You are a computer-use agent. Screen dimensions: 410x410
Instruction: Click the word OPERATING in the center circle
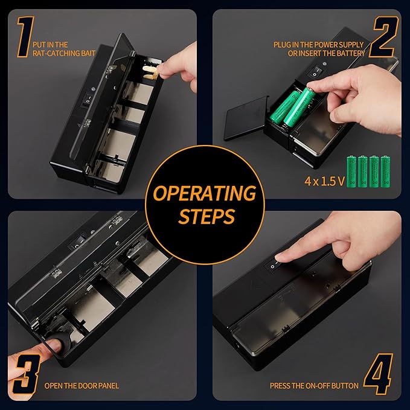[205, 194]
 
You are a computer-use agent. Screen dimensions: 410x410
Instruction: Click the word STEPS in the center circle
[205, 216]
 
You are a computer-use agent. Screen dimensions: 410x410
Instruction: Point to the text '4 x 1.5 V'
[320, 181]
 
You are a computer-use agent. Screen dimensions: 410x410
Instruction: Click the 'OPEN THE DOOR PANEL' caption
[82, 385]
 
